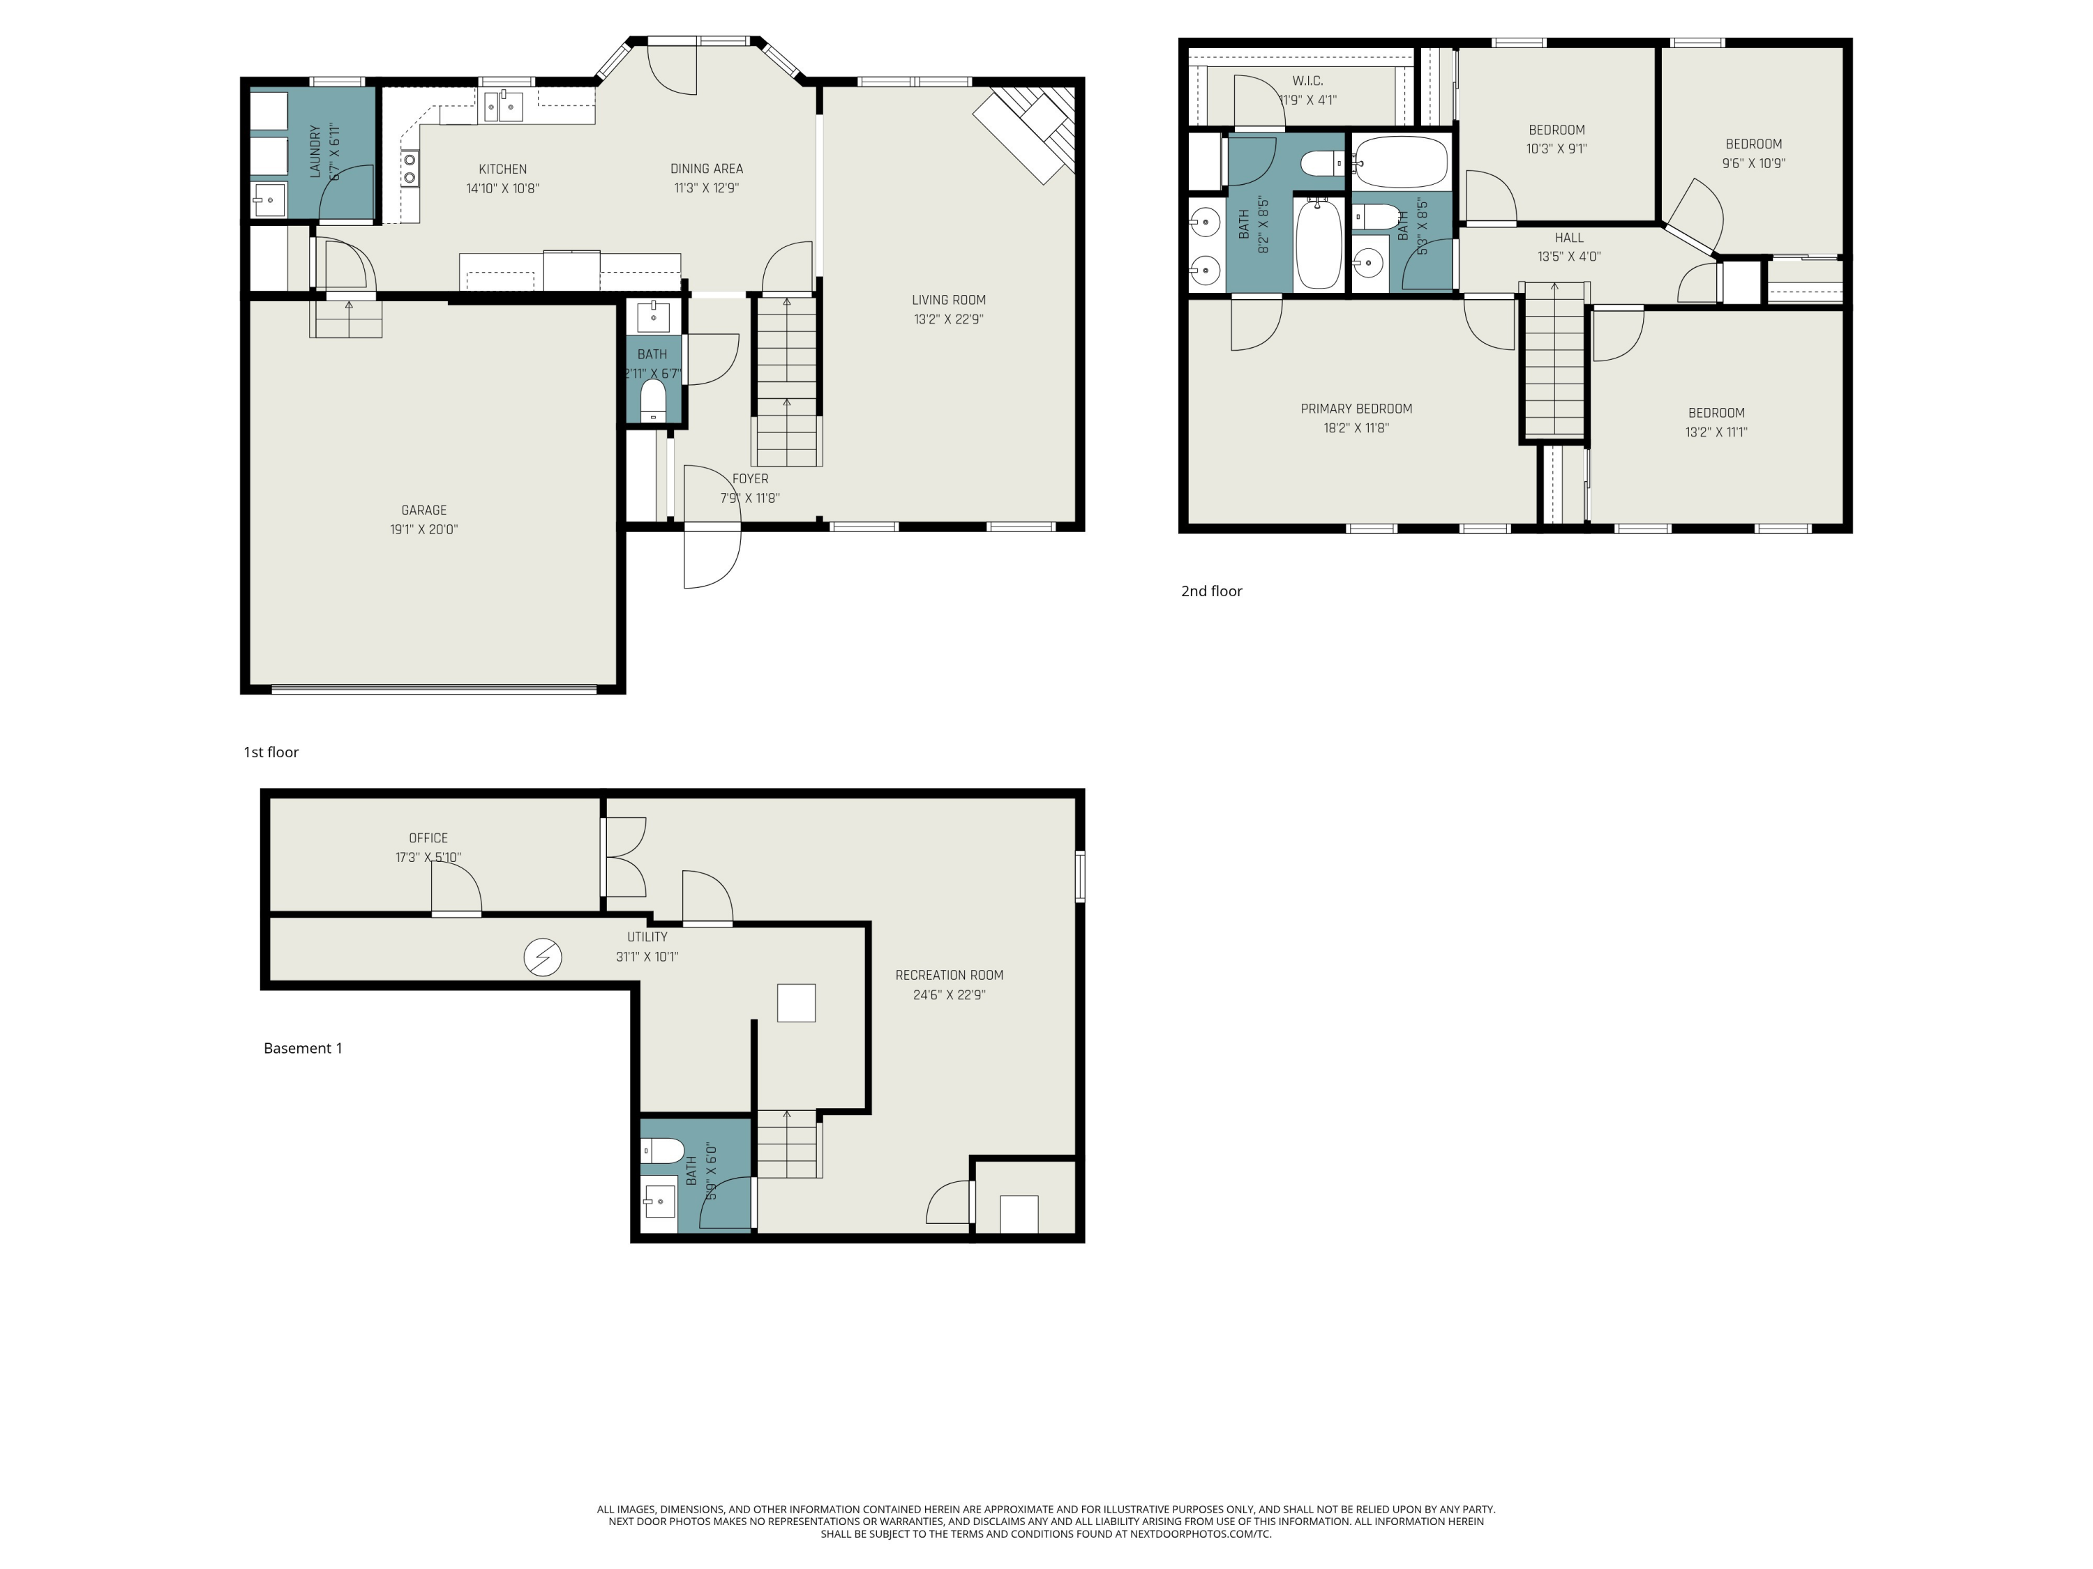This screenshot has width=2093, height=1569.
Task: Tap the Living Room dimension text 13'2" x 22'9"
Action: coord(948,319)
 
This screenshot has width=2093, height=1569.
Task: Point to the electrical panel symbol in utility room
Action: coord(543,957)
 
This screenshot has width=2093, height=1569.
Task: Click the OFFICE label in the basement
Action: coord(428,838)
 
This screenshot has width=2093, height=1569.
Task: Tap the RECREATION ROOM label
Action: coord(949,975)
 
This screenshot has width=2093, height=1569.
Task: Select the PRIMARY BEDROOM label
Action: coord(1356,409)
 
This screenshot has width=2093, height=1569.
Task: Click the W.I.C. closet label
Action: coord(1307,82)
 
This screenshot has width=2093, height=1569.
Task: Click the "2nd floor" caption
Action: coord(1211,591)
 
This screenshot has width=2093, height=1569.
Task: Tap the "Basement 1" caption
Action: coord(303,1048)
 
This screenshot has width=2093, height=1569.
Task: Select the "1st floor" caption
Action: coord(271,752)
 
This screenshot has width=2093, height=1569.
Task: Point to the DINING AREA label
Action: coord(707,168)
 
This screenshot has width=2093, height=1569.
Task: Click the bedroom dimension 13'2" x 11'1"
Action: coord(1716,432)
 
